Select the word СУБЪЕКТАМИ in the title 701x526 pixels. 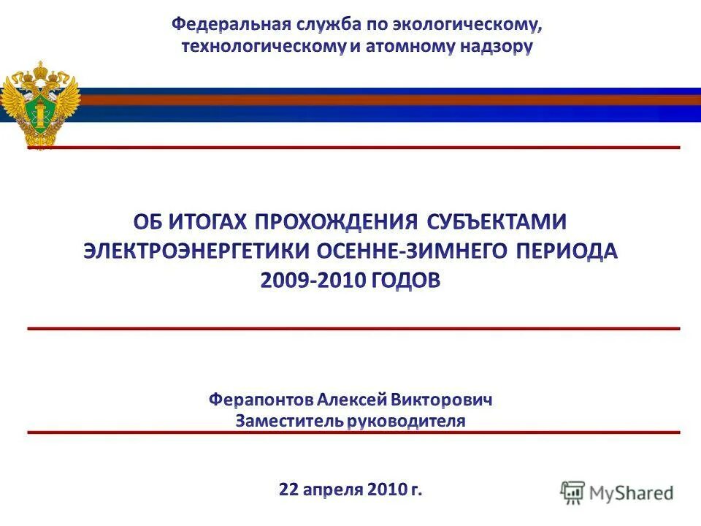tap(497, 221)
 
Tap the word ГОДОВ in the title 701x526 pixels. tap(407, 281)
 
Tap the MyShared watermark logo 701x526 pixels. tap(617, 492)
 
